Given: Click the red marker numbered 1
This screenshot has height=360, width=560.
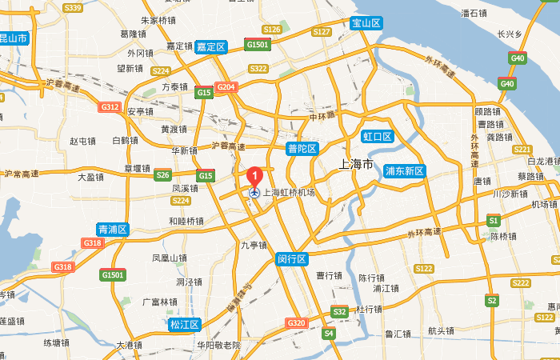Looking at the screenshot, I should pyautogui.click(x=254, y=175).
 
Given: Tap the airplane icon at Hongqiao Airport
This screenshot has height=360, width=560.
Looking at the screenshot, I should pyautogui.click(x=254, y=193).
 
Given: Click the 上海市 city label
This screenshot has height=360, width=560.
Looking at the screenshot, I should pyautogui.click(x=351, y=165).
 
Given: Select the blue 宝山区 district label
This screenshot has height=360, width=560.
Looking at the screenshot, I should pyautogui.click(x=367, y=23).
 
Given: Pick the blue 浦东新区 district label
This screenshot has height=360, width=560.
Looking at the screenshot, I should pyautogui.click(x=405, y=171).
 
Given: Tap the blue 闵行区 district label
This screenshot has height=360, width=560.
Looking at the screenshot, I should pyautogui.click(x=292, y=259).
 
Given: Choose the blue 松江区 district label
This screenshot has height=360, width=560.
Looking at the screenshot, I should pyautogui.click(x=185, y=324).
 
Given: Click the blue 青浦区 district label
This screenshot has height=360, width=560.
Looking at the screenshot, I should pyautogui.click(x=112, y=230).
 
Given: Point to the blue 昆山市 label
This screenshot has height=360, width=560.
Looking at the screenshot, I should pyautogui.click(x=14, y=38).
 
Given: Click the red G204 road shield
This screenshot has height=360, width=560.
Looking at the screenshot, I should pyautogui.click(x=226, y=87).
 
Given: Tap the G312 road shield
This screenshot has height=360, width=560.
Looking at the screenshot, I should pyautogui.click(x=110, y=106).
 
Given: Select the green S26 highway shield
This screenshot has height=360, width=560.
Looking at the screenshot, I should pyautogui.click(x=163, y=175).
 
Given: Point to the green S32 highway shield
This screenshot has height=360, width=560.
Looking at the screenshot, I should pyautogui.click(x=339, y=311).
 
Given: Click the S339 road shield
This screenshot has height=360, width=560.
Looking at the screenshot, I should pyautogui.click(x=73, y=8).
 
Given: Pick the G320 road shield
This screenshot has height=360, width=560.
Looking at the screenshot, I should pyautogui.click(x=296, y=322).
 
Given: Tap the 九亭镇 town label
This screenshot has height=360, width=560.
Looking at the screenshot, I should pyautogui.click(x=254, y=246).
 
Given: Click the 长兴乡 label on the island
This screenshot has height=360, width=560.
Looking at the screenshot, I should pyautogui.click(x=510, y=34).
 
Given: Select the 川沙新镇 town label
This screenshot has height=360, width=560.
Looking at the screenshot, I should pyautogui.click(x=510, y=194).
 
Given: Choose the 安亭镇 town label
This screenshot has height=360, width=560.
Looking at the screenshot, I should pyautogui.click(x=141, y=112).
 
